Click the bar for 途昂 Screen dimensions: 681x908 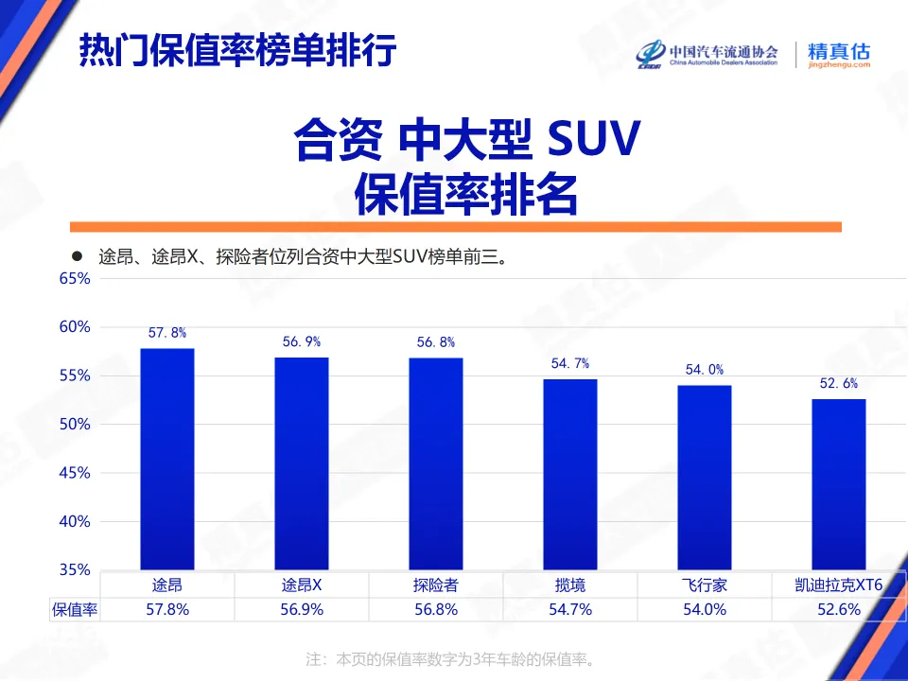pyautogui.click(x=167, y=459)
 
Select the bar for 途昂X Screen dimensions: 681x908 pyautogui.click(x=302, y=463)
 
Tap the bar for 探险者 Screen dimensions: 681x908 pyautogui.click(x=436, y=463)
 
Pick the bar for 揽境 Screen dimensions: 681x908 pyautogui.click(x=570, y=474)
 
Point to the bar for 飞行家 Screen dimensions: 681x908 pyautogui.click(x=705, y=477)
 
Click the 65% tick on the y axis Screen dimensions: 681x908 pyautogui.click(x=74, y=279)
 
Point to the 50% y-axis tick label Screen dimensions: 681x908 pyautogui.click(x=74, y=425)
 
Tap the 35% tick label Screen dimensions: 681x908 pyautogui.click(x=74, y=570)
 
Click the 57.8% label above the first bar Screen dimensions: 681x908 pyautogui.click(x=167, y=333)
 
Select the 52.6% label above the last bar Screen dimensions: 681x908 pyautogui.click(x=838, y=383)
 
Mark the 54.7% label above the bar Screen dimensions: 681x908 pyautogui.click(x=570, y=363)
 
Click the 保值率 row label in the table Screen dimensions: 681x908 pyautogui.click(x=75, y=610)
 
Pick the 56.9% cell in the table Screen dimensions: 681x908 pyautogui.click(x=302, y=610)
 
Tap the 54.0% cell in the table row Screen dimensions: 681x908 pyautogui.click(x=705, y=610)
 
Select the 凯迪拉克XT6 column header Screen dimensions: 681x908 pyautogui.click(x=838, y=585)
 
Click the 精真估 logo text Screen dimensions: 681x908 pyautogui.click(x=838, y=53)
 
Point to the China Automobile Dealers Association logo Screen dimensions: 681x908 pyautogui.click(x=707, y=55)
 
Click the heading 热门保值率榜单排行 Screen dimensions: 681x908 pyautogui.click(x=236, y=51)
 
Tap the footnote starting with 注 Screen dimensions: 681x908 pyautogui.click(x=453, y=658)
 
